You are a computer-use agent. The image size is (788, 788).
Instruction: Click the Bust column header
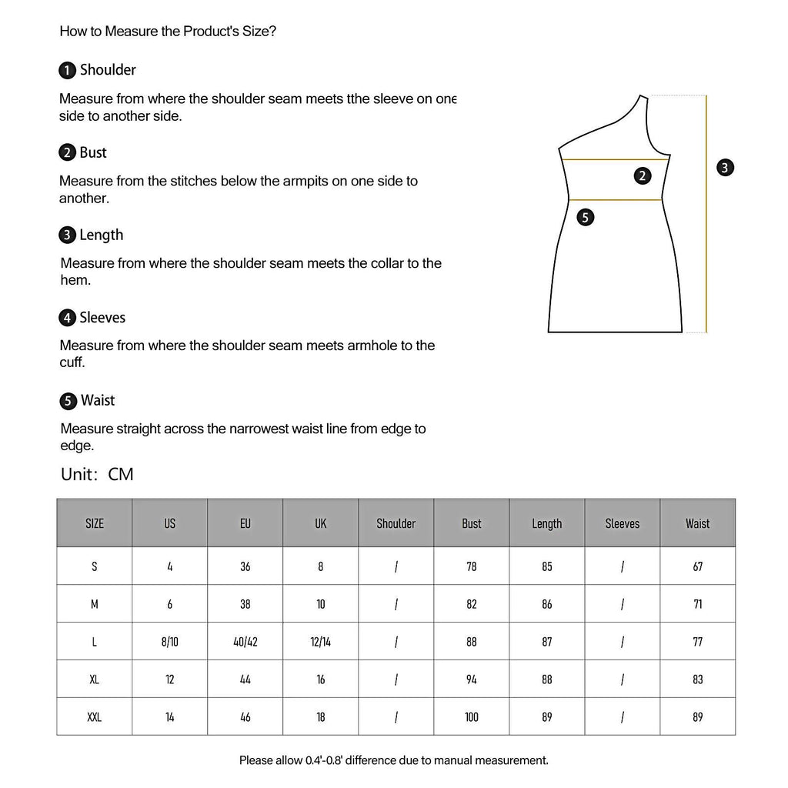472,523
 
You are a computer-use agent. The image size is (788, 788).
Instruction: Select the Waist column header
697,523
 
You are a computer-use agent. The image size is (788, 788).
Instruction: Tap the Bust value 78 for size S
472,566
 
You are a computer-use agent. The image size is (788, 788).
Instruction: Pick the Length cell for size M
547,604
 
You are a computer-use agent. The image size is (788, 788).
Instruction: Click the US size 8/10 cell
170,642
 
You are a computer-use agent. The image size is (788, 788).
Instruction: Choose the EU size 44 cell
245,679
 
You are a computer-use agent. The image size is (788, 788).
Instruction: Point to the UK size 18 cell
321,717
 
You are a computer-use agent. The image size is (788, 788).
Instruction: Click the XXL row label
95,717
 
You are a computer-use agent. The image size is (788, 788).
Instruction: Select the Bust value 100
472,717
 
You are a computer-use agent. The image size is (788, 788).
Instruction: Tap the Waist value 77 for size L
697,642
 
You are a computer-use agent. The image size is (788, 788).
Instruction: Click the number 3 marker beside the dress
725,167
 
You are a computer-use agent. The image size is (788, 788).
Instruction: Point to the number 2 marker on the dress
643,175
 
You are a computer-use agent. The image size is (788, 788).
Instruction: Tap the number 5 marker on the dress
586,217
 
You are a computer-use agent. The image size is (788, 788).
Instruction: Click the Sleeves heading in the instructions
102,317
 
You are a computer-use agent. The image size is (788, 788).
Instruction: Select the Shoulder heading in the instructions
108,70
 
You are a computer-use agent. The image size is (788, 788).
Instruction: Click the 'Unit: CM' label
97,474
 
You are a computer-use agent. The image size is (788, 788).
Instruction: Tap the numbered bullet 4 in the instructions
68,318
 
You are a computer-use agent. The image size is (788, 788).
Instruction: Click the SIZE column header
95,523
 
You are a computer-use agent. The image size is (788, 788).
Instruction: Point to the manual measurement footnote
394,760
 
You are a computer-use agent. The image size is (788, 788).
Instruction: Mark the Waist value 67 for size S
697,566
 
